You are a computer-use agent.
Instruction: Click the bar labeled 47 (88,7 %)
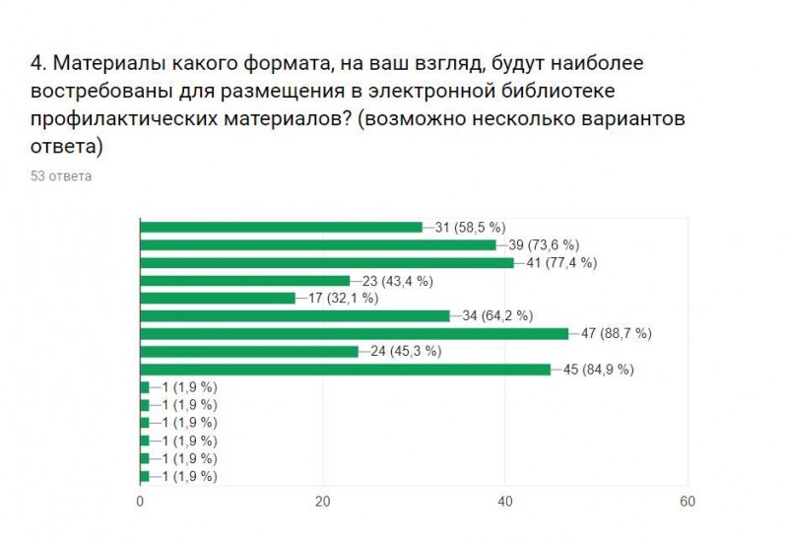click(x=355, y=333)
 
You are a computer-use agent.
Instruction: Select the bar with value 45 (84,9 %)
click(x=346, y=370)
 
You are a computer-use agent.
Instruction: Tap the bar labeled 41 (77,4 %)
click(x=327, y=262)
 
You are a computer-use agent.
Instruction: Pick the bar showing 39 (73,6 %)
click(x=318, y=244)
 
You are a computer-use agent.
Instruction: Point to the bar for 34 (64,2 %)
click(x=295, y=315)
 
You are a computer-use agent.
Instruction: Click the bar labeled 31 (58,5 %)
click(x=282, y=227)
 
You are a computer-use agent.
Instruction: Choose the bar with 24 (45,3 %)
click(x=250, y=351)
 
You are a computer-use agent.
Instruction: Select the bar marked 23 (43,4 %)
click(x=245, y=280)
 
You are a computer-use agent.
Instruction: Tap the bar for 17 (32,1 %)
click(x=218, y=298)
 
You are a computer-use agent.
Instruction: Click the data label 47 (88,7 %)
click(x=616, y=334)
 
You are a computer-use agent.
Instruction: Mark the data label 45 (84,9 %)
click(x=598, y=371)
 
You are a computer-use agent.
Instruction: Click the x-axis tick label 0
click(x=141, y=502)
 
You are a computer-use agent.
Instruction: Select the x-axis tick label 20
click(x=322, y=502)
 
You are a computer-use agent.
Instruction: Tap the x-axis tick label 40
click(x=505, y=502)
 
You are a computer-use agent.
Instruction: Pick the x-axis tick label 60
click(x=688, y=502)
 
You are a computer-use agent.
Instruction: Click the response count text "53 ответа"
click(x=61, y=176)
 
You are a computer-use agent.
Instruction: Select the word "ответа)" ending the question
click(x=67, y=147)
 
